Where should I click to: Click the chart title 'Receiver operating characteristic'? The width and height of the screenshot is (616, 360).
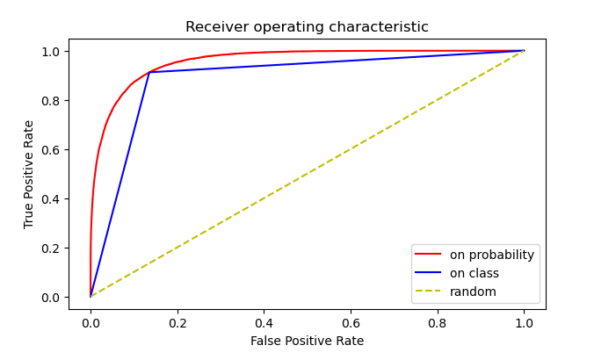[307, 27]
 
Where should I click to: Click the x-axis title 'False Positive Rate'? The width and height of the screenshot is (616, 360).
[307, 341]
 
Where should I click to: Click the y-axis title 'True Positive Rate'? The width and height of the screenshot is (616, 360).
[29, 174]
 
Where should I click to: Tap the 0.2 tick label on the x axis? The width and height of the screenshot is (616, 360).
[177, 322]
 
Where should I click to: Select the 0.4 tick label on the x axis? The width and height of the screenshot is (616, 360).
[264, 322]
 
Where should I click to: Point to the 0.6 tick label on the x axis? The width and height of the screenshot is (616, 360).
[351, 322]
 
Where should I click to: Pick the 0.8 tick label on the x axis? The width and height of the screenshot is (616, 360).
[437, 322]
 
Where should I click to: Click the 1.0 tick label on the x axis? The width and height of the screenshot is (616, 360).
[524, 322]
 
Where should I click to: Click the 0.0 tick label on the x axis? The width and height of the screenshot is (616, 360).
[91, 322]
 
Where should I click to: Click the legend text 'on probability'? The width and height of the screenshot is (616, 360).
[491, 256]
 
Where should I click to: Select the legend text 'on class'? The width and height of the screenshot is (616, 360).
[475, 273]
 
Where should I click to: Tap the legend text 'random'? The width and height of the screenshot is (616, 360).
[473, 292]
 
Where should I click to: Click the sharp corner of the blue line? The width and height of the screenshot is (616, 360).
[149, 72]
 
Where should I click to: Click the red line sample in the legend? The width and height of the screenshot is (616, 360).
[430, 256]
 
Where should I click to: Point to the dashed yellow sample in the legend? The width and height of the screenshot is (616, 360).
[430, 292]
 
